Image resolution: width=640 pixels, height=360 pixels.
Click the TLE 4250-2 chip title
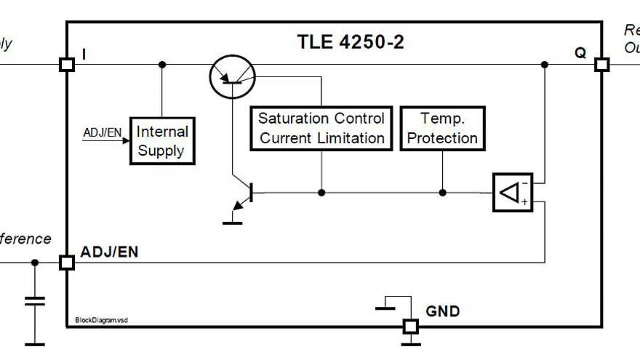(x=351, y=41)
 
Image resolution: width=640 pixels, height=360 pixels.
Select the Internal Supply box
(x=161, y=141)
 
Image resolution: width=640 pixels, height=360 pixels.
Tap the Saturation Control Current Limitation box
(x=321, y=128)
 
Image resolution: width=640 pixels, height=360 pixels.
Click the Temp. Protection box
(x=442, y=128)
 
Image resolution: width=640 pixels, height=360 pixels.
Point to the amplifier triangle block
(x=512, y=193)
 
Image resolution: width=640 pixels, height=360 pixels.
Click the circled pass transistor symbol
(x=231, y=76)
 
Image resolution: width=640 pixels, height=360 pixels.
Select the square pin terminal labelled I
(x=67, y=65)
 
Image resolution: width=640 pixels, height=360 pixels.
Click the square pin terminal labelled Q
(x=601, y=65)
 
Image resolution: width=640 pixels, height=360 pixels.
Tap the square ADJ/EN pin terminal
(x=67, y=263)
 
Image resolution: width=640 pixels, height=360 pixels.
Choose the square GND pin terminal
(x=411, y=327)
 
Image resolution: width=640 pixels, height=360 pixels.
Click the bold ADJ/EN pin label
(x=110, y=252)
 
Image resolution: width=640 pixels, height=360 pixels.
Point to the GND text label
(x=442, y=311)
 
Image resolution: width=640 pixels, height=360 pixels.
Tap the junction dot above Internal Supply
(x=162, y=65)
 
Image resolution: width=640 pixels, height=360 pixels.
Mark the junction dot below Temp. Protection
(x=442, y=193)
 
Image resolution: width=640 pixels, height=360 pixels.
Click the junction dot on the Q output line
(x=545, y=65)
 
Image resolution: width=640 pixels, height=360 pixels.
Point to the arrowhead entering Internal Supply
(x=125, y=141)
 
